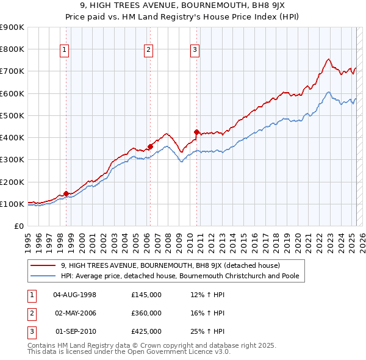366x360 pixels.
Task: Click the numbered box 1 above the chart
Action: point(65,51)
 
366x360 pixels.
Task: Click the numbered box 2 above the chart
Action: point(148,51)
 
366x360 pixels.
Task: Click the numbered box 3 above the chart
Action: point(195,51)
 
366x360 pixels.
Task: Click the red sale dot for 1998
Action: point(66,194)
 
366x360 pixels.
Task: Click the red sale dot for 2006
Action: point(150,146)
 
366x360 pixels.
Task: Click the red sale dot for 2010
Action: point(196,132)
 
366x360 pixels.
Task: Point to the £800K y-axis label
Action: point(12,49)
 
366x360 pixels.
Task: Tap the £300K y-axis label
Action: point(12,160)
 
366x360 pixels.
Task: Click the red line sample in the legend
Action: point(43,266)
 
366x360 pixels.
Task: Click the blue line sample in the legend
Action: point(43,276)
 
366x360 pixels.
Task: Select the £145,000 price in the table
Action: point(146,295)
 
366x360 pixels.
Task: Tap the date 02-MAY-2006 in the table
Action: point(75,313)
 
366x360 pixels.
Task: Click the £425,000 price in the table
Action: point(146,331)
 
